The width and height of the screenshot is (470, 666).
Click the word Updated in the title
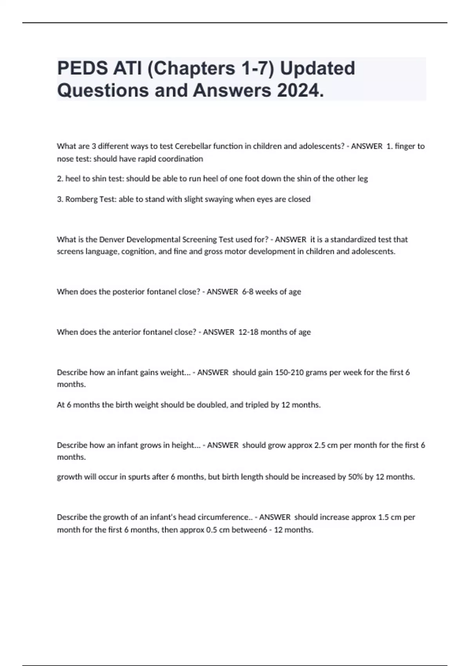point(317,68)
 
